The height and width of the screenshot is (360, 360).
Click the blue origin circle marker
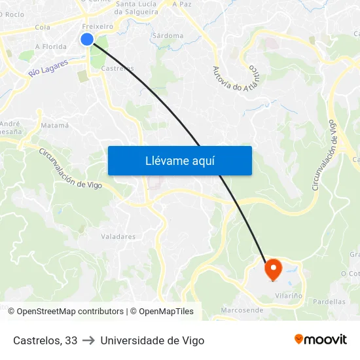pyautogui.click(x=87, y=39)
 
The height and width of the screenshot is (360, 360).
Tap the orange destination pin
pyautogui.click(x=272, y=268)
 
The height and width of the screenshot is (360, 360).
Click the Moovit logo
pyautogui.click(x=320, y=340)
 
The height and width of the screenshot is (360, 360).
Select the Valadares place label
pyautogui.click(x=118, y=237)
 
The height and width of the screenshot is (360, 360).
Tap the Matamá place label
pyautogui.click(x=55, y=125)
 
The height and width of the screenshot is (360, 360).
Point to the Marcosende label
pyautogui.click(x=242, y=310)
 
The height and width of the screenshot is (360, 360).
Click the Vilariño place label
pyautogui.click(x=289, y=296)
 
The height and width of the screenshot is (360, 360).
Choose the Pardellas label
pyautogui.click(x=329, y=302)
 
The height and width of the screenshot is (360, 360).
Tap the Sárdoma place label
pyautogui.click(x=168, y=35)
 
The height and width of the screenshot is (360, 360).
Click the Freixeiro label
pyautogui.click(x=98, y=26)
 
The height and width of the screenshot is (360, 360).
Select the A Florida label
pyautogui.click(x=51, y=47)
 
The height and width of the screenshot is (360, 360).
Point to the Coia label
pyautogui.click(x=43, y=27)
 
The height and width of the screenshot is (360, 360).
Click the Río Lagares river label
pyautogui.click(x=48, y=67)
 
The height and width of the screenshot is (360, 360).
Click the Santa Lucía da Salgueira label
pyautogui.click(x=137, y=8)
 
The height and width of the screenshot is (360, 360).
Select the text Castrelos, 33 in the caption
pyautogui.click(x=45, y=340)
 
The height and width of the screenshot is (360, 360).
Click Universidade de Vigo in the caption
pyautogui.click(x=153, y=340)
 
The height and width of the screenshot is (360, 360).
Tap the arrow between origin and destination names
pyautogui.click(x=89, y=340)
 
